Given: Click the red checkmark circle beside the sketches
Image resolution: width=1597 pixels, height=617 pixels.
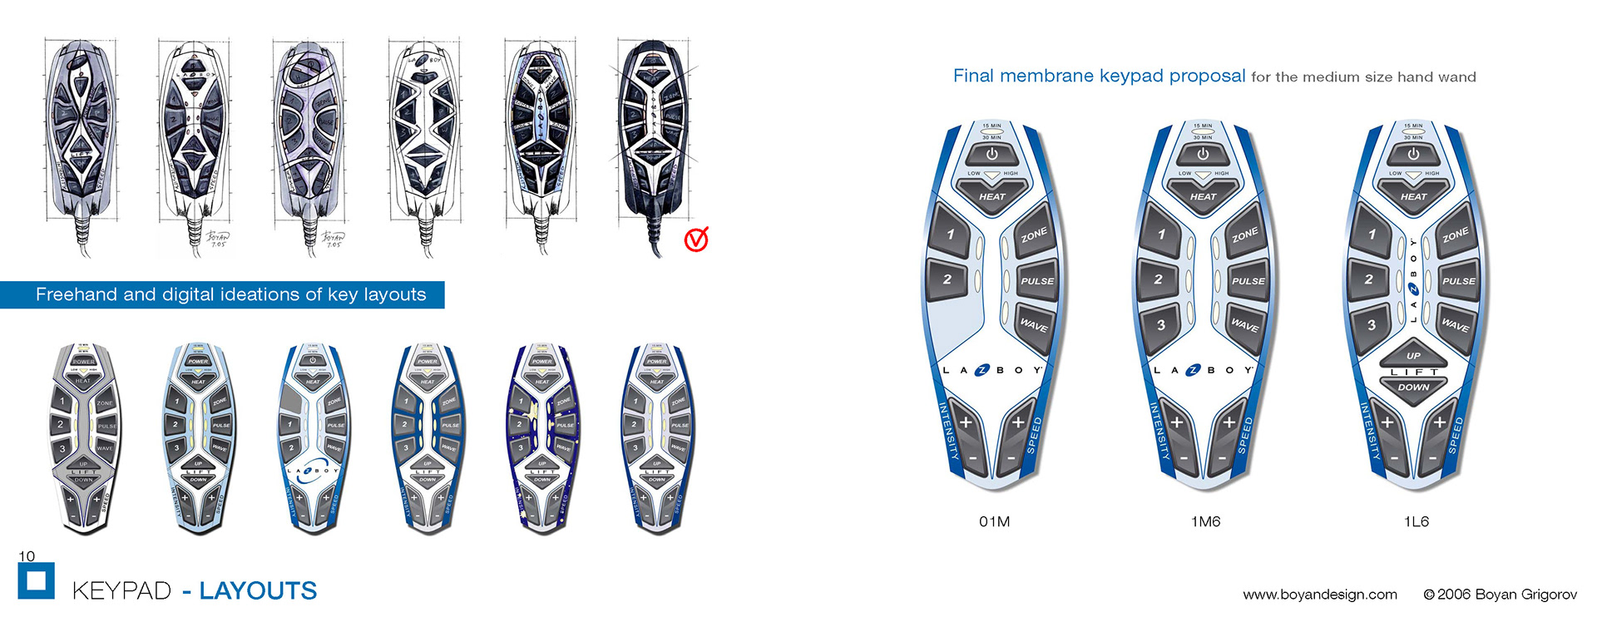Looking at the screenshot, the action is click(696, 239).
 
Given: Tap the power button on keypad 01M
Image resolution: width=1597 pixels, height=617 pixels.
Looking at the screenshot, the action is click(991, 154).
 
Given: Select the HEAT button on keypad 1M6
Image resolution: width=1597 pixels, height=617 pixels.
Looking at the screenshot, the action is click(1203, 196).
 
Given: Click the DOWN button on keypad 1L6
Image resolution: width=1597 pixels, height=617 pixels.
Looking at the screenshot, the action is click(1413, 387).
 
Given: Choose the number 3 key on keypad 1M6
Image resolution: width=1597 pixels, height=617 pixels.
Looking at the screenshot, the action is click(1161, 325).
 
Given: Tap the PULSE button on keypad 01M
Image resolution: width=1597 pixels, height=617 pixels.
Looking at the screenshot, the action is click(1036, 281).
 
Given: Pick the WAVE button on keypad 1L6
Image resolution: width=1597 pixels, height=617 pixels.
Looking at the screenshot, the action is click(1455, 325).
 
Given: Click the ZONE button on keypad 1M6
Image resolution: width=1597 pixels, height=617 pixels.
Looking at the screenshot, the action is click(1244, 236).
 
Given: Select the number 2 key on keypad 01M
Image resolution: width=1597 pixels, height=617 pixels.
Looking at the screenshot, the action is click(947, 279).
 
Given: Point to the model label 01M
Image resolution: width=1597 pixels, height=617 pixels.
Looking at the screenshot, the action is click(994, 521).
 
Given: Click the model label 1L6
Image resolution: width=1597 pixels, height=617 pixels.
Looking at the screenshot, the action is click(1416, 521).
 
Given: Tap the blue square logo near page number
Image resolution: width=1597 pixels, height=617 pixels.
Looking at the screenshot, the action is click(36, 580).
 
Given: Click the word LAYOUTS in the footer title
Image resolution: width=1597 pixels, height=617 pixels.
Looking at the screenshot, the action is click(258, 590).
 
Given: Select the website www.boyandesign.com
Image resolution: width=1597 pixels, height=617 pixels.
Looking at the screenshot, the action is click(1320, 594).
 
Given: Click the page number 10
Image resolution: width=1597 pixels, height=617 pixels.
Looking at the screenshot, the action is click(27, 556).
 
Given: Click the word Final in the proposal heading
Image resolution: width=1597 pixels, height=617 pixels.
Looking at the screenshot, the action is click(973, 76).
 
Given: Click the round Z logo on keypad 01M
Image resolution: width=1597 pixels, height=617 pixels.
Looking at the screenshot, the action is click(981, 370).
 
